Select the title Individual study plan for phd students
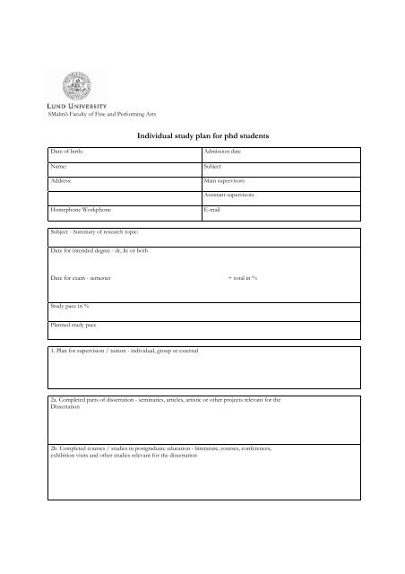pos(202,135)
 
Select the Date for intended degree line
pos(99,250)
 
